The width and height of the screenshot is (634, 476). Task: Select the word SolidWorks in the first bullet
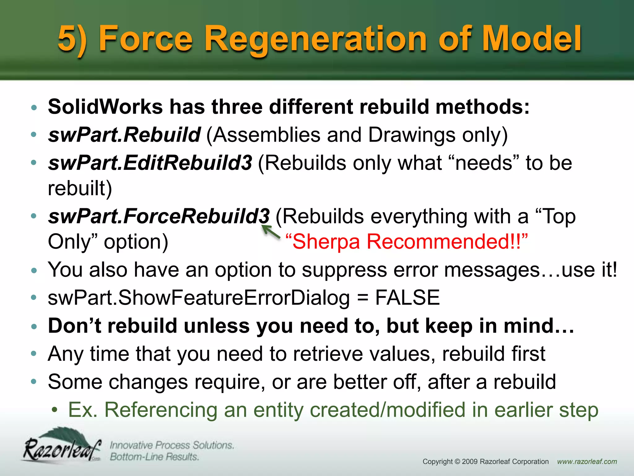click(105, 107)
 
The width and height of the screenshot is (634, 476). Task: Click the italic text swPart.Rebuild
click(124, 135)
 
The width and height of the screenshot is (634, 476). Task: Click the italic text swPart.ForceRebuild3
click(159, 216)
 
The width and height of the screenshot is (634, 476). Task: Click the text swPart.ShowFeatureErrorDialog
click(198, 297)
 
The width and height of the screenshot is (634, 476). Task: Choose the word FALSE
click(407, 297)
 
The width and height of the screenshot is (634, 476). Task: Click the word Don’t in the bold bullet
click(74, 326)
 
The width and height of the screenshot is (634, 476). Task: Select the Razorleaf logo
click(62, 446)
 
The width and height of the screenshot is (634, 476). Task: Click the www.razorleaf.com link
click(587, 461)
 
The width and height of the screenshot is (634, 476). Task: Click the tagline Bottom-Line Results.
click(154, 457)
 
